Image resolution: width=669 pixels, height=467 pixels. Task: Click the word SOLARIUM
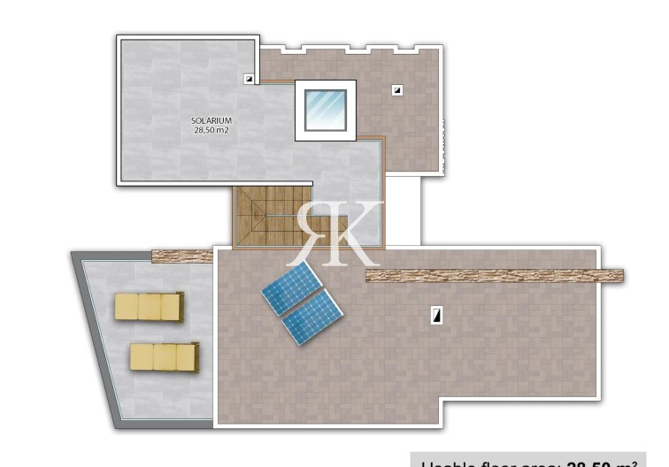tap(211, 120)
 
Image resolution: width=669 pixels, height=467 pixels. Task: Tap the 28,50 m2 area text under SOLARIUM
tap(211, 130)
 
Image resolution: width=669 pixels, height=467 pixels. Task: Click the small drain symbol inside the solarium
tap(250, 79)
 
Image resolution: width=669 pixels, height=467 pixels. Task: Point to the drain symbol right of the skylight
tap(398, 89)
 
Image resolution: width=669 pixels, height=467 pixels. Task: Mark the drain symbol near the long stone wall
tap(436, 313)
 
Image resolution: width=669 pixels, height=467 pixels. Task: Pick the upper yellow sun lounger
tap(149, 306)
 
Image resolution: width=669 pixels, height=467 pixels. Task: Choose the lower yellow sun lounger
tap(164, 356)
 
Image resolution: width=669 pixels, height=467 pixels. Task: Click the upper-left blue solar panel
tap(291, 287)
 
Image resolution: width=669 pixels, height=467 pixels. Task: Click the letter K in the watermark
tap(361, 232)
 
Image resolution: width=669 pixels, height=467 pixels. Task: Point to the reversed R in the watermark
tap(315, 232)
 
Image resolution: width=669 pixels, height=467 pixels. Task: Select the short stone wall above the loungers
tap(183, 256)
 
